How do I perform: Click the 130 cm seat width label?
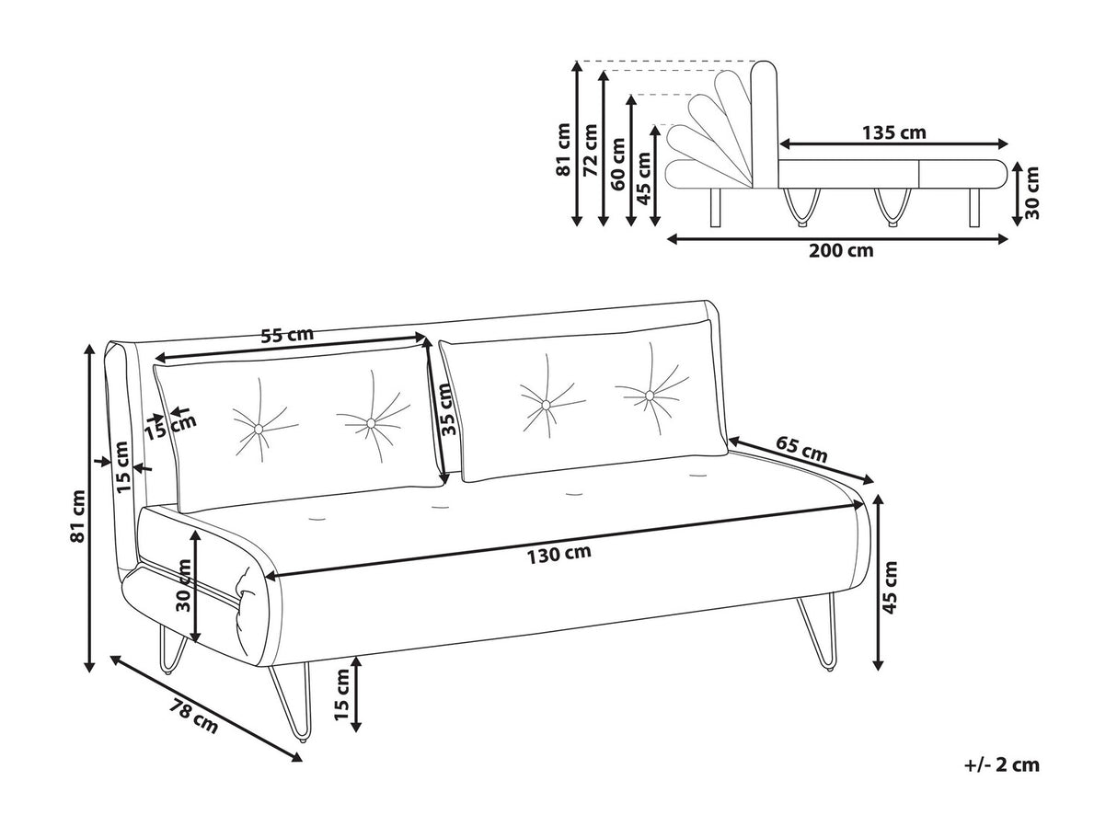pyautogui.click(x=558, y=554)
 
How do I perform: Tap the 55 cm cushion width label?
pyautogui.click(x=287, y=336)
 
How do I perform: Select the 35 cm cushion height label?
pyautogui.click(x=445, y=409)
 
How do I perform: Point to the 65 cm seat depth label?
pyautogui.click(x=802, y=450)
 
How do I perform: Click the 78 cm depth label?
pyautogui.click(x=193, y=716)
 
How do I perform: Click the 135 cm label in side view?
pyautogui.click(x=894, y=132)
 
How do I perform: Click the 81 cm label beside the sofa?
pyautogui.click(x=78, y=515)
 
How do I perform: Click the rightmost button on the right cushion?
pyautogui.click(x=650, y=396)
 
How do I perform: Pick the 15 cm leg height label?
pyautogui.click(x=342, y=695)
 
